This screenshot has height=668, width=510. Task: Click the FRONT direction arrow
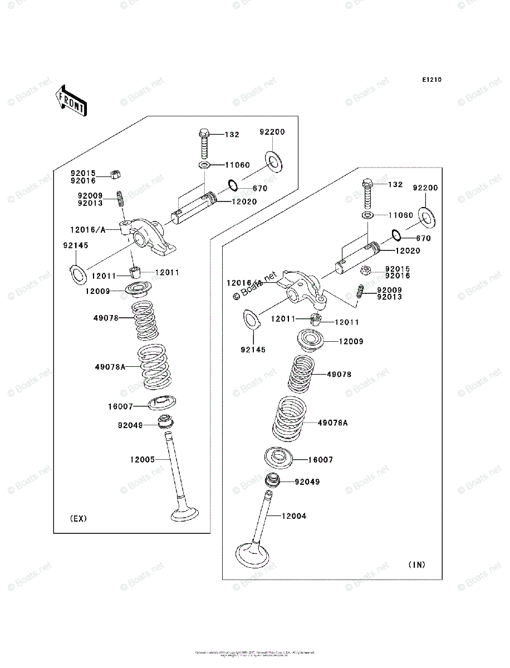[x=71, y=100]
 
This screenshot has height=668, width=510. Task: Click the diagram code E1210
[x=431, y=80]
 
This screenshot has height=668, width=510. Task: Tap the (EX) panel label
[x=79, y=519]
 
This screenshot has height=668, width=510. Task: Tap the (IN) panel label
[x=416, y=564]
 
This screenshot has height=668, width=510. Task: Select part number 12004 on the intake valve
[x=294, y=517]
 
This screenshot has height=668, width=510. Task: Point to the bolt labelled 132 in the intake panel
[x=367, y=193]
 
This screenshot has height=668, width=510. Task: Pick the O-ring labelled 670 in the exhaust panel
[x=232, y=185]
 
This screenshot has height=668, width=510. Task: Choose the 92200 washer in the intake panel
[x=425, y=217]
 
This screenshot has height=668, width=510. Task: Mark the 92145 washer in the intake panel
[x=251, y=320]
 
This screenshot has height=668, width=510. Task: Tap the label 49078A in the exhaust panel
[x=110, y=367]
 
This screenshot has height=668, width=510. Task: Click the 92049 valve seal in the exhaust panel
[x=166, y=422]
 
